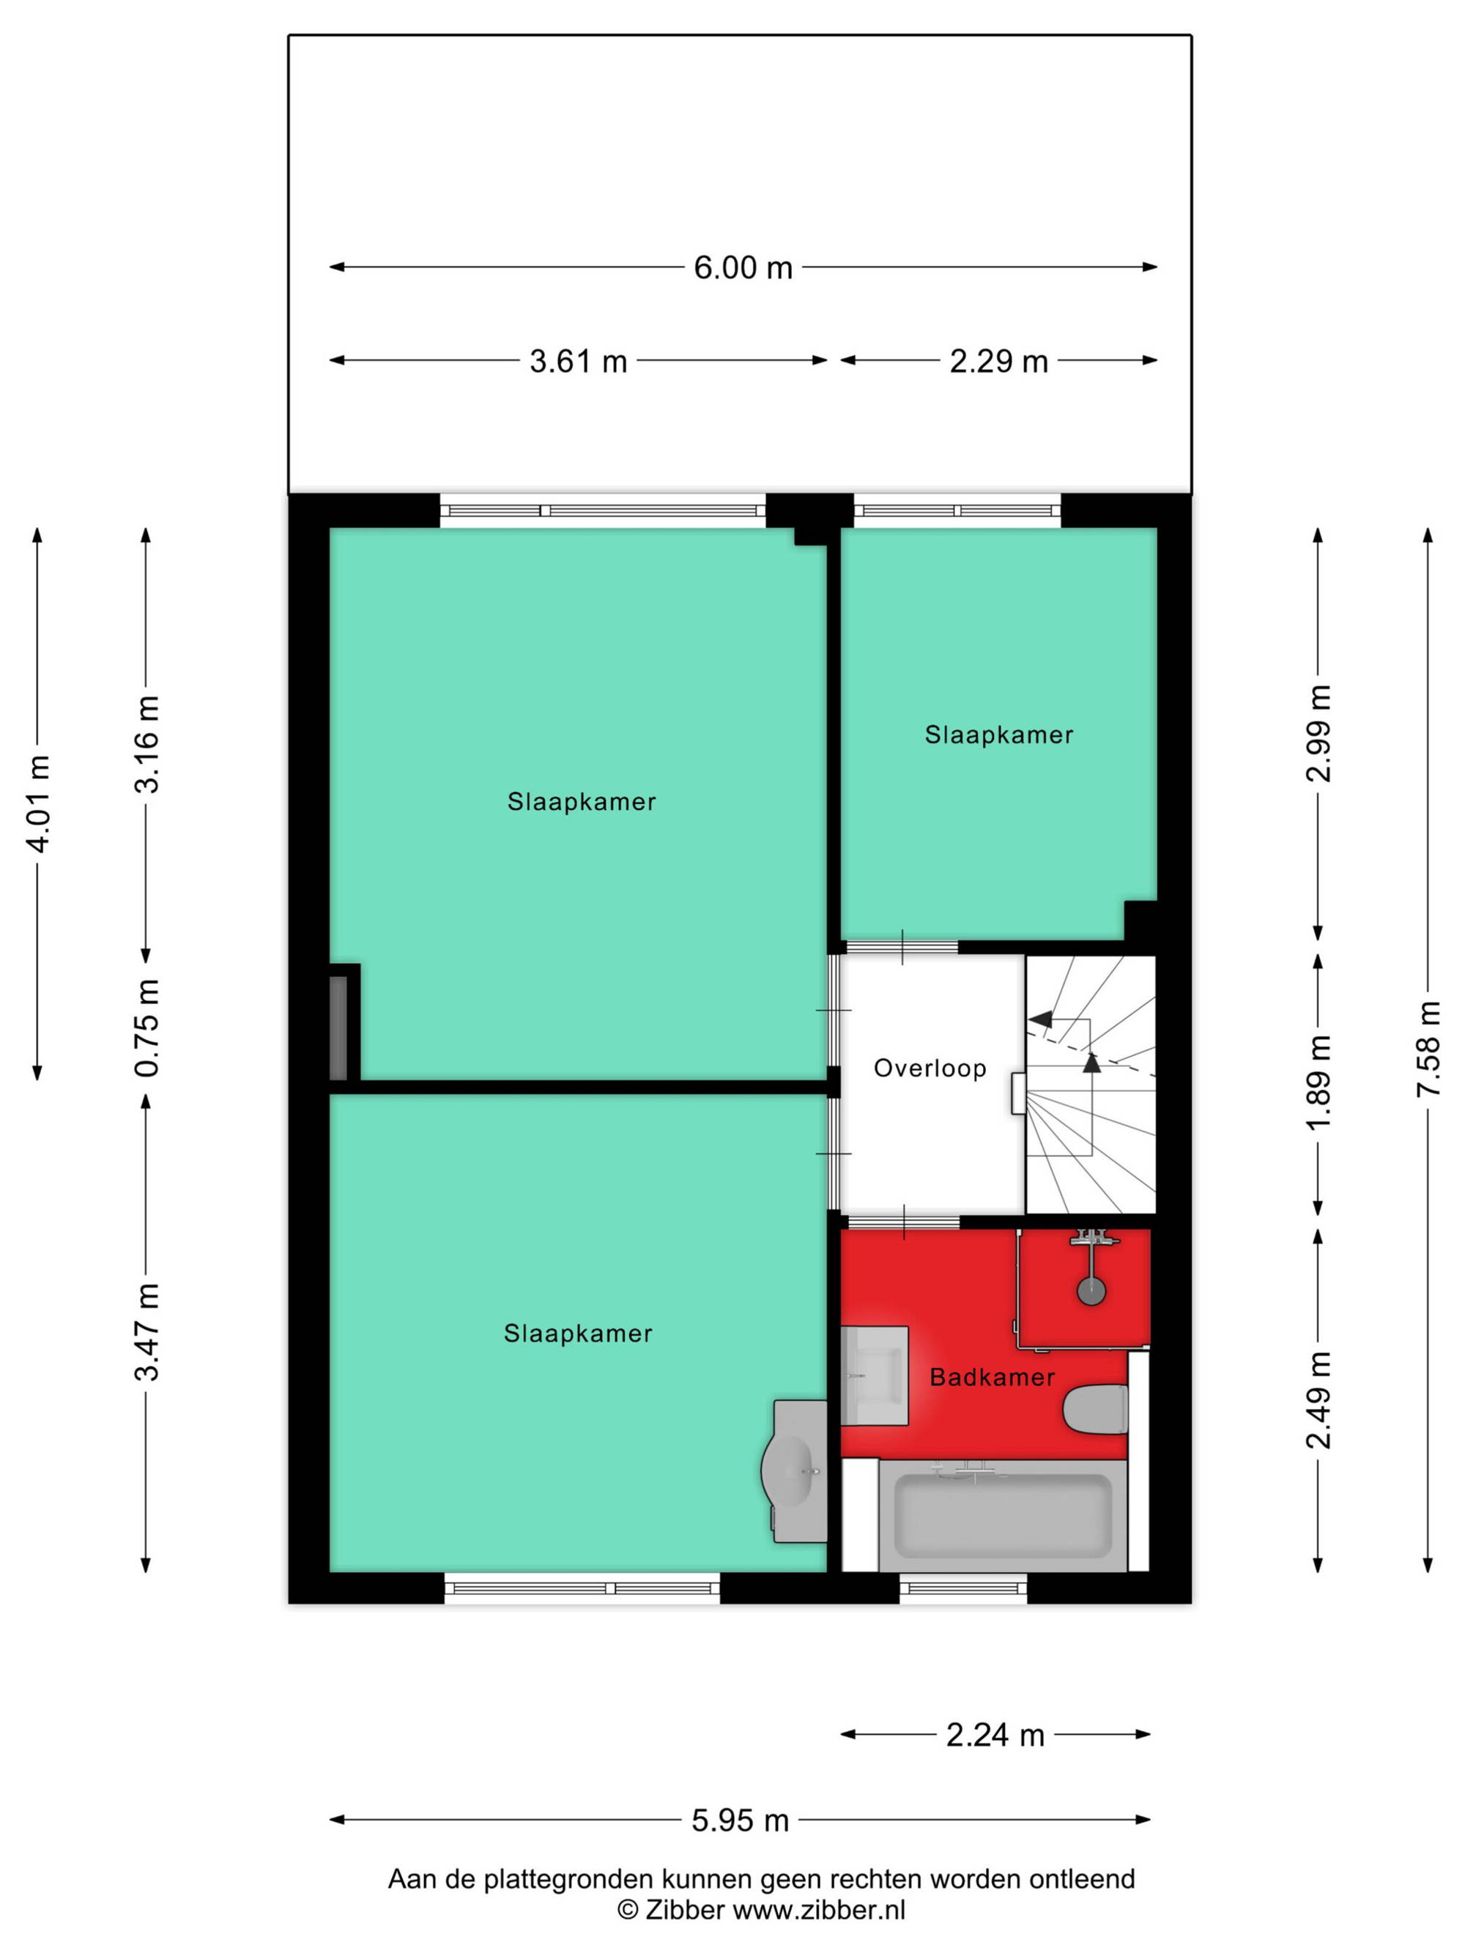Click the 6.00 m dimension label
[x=742, y=267]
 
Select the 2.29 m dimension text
[x=998, y=360]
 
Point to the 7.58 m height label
[x=1427, y=1049]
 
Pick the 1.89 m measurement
[x=1318, y=1082]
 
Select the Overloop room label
[x=930, y=1068]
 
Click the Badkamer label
[x=993, y=1377]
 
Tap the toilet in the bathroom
[x=1095, y=1409]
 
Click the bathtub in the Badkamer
[x=1002, y=1516]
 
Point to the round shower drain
[x=1091, y=1291]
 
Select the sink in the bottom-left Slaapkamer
[x=794, y=1471]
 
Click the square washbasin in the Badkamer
[x=874, y=1374]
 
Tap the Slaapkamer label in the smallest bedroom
[x=998, y=734]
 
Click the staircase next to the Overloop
[x=1091, y=1085]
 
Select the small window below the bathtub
[x=963, y=1588]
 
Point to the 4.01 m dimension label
[x=37, y=803]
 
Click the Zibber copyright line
[x=761, y=1909]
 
